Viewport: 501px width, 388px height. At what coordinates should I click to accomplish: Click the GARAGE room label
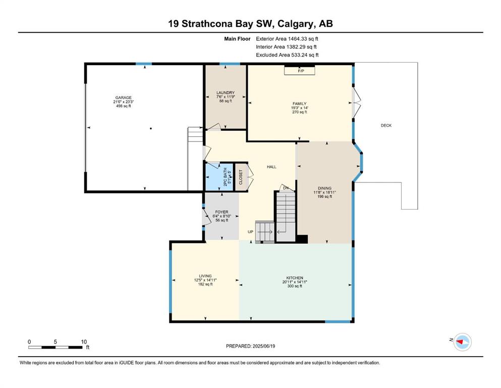tap(123, 98)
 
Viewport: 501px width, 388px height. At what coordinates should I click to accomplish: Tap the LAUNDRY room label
tap(226, 93)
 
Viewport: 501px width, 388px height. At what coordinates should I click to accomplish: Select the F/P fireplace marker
tap(301, 71)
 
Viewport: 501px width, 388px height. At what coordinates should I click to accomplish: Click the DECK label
tap(386, 125)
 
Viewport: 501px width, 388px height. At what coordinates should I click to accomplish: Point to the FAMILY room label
tap(299, 104)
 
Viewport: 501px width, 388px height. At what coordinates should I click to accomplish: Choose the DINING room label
tap(324, 188)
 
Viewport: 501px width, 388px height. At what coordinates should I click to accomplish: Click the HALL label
tap(271, 167)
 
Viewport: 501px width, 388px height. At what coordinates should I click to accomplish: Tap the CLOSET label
tap(241, 177)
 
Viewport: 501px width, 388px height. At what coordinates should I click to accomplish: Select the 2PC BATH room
tap(219, 176)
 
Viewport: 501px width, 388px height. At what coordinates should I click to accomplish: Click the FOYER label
tap(222, 212)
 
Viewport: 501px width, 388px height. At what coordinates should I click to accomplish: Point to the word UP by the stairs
tap(250, 231)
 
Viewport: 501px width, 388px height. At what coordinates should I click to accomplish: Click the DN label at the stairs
tap(286, 188)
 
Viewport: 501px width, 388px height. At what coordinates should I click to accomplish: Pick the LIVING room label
tap(205, 276)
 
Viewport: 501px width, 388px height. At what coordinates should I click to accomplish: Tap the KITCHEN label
tap(295, 278)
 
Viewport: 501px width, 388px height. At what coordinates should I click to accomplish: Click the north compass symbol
tap(462, 342)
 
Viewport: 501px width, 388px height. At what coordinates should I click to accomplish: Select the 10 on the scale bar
tap(84, 342)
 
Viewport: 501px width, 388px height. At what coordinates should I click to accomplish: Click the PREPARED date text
tap(250, 346)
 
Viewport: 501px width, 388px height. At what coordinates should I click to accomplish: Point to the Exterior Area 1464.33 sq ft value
tap(287, 39)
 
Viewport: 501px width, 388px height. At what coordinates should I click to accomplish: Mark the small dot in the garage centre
tap(151, 129)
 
